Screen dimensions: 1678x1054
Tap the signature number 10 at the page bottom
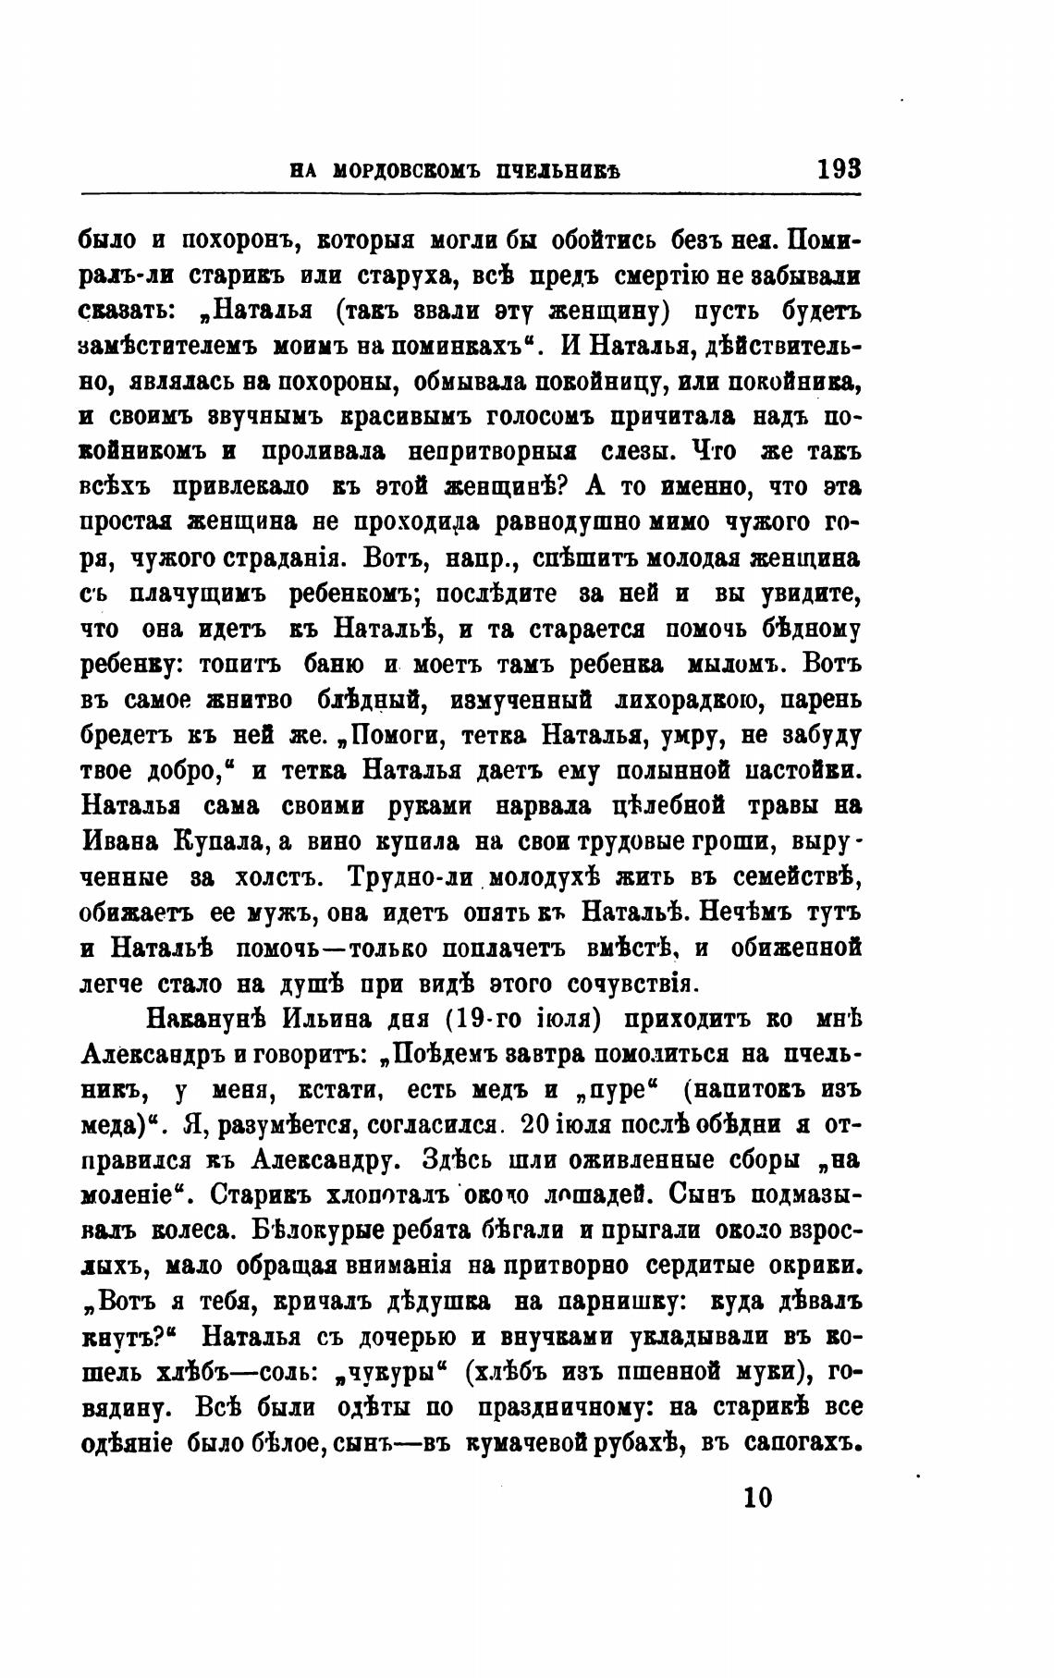(x=755, y=1496)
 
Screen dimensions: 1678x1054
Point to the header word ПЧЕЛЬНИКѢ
(x=556, y=171)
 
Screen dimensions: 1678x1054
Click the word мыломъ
(x=730, y=664)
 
